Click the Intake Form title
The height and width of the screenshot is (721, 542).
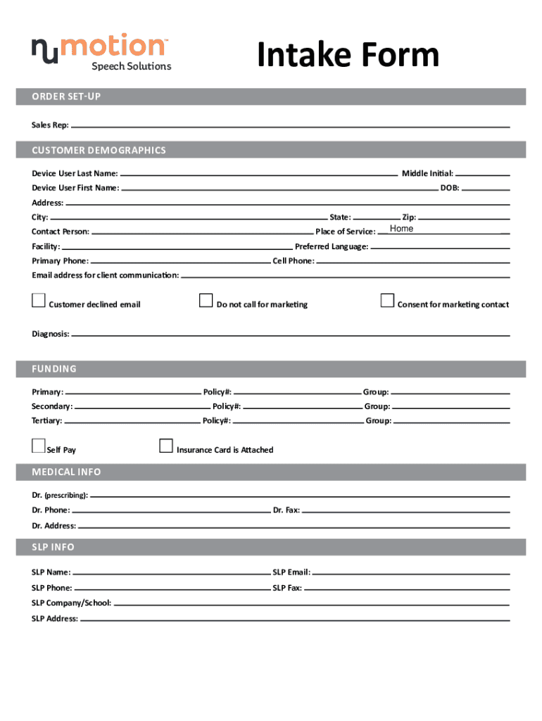click(348, 55)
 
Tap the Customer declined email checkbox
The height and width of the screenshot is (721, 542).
click(38, 301)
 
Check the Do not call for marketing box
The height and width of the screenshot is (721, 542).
click(206, 301)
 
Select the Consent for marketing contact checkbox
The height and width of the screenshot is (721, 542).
click(387, 301)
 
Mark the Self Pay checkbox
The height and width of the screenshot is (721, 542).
click(38, 446)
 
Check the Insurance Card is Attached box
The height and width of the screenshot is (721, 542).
click(166, 446)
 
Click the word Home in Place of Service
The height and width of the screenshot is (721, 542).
click(401, 229)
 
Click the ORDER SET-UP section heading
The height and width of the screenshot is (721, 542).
click(66, 96)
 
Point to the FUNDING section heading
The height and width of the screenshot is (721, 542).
click(54, 369)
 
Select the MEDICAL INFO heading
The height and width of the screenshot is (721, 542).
click(66, 472)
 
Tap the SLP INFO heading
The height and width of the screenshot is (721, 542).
click(53, 547)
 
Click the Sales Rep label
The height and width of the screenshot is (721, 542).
click(50, 125)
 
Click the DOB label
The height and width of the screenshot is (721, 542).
click(450, 188)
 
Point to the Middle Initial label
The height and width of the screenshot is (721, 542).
click(427, 173)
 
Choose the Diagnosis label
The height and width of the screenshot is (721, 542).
click(50, 334)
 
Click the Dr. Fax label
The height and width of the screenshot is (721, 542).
click(286, 510)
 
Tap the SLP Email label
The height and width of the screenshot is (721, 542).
click(291, 573)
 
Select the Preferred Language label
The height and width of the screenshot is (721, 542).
click(332, 246)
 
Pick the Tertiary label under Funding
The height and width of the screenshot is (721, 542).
click(46, 421)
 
